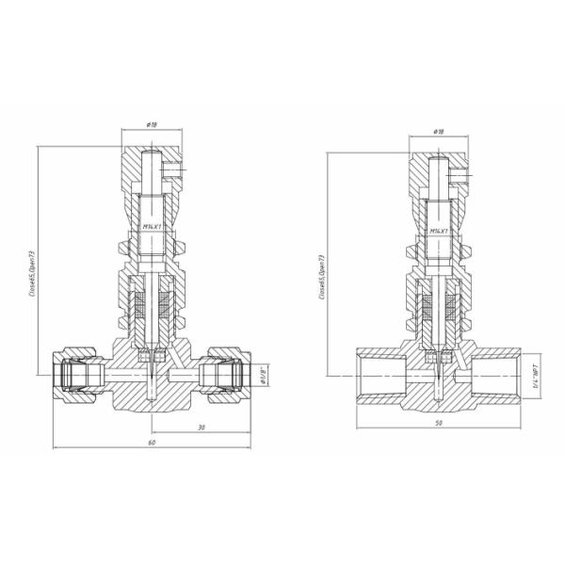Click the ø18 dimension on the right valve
438,133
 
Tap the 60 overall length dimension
151,442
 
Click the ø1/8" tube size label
264,375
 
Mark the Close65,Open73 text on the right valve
321,276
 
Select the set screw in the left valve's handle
172,170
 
